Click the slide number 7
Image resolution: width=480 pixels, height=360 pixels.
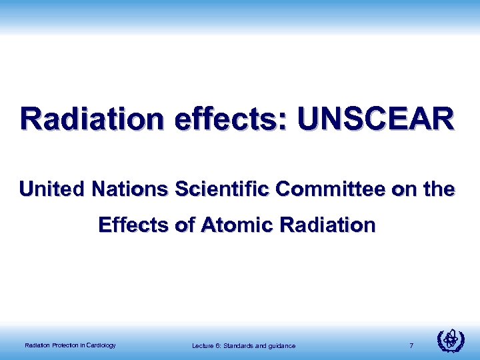[x=412, y=345]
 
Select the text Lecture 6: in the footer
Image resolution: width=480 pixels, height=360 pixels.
[x=206, y=345]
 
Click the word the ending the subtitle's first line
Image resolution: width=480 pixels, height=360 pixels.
[x=440, y=190]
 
